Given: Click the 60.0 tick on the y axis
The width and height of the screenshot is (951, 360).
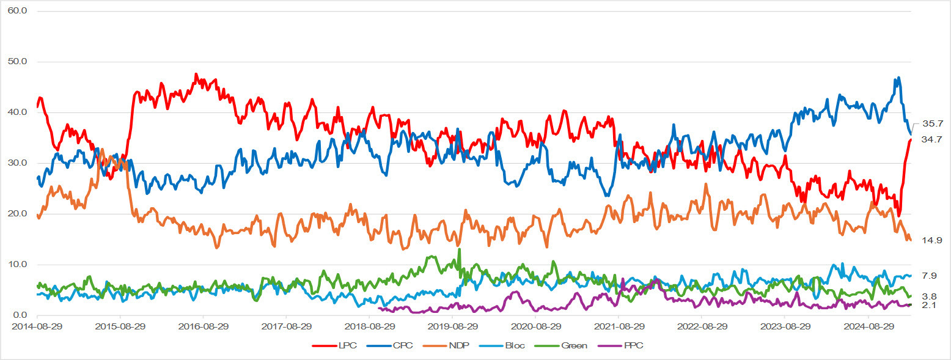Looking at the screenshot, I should tap(20, 11).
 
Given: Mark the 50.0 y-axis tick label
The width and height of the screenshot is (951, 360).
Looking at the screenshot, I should tap(20, 62).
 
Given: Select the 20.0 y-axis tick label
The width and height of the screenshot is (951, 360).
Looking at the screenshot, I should tap(20, 214).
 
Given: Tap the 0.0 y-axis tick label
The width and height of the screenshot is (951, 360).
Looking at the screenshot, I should tap(23, 315).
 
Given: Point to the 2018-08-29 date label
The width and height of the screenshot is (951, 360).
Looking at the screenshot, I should tap(369, 326).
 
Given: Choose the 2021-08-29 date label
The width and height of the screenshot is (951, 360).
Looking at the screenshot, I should tap(618, 326).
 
